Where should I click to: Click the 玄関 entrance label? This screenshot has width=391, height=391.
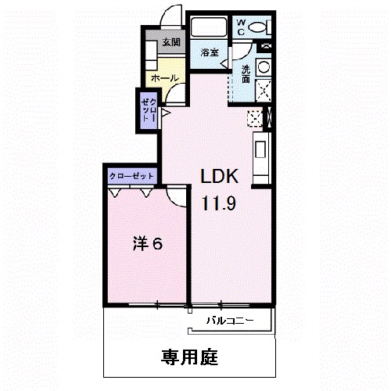pyautogui.click(x=171, y=43)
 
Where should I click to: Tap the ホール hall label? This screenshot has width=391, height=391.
pyautogui.click(x=163, y=79)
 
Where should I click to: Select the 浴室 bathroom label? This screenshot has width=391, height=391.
pyautogui.click(x=209, y=54)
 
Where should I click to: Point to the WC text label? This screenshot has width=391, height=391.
pyautogui.click(x=242, y=27)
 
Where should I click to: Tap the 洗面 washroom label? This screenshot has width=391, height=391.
pyautogui.click(x=246, y=74)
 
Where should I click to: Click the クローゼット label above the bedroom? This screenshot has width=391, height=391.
pyautogui.click(x=131, y=176)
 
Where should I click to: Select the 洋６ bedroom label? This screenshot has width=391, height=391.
pyautogui.click(x=147, y=246)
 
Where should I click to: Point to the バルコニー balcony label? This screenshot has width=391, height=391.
pyautogui.click(x=230, y=321)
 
